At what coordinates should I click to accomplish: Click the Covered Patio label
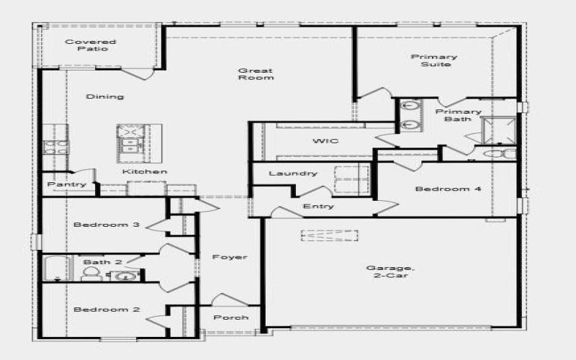[91, 45]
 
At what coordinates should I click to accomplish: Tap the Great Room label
[256, 73]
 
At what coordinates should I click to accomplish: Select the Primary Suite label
[434, 60]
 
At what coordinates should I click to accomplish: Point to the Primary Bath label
[458, 115]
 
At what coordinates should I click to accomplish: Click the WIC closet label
[325, 141]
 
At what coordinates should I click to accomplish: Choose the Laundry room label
[293, 174]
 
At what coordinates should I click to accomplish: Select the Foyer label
[230, 257]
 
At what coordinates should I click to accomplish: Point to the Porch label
[231, 318]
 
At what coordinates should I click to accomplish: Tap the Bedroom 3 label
[107, 225]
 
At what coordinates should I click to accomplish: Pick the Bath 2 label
[97, 262]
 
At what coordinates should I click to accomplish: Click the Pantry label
[67, 185]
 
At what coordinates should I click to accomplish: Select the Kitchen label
[145, 172]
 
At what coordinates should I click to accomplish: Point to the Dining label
[105, 96]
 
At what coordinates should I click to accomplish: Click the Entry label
[318, 207]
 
